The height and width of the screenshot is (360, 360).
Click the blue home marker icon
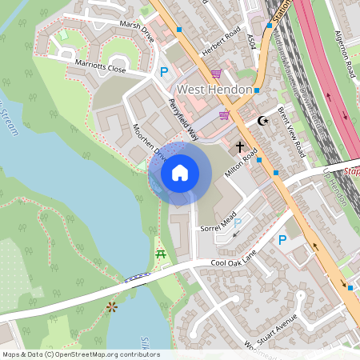[x=180, y=172]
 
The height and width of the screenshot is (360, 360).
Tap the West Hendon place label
[x=214, y=90]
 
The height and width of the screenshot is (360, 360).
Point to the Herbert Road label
[x=222, y=41]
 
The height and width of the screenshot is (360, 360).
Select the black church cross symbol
[x=240, y=147]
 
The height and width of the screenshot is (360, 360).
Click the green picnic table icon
[x=160, y=254]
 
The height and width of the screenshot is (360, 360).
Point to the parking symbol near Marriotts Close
[x=164, y=73]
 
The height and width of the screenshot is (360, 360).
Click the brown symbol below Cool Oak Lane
[x=111, y=306]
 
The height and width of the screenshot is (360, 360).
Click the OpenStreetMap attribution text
[x=81, y=354]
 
